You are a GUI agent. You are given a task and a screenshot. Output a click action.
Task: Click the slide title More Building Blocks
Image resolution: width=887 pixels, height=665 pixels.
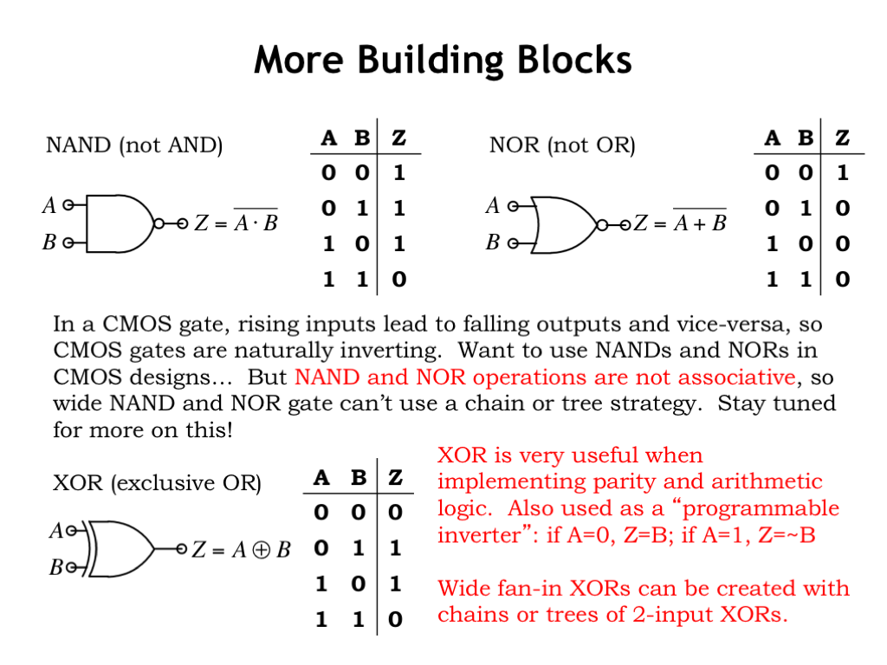443,61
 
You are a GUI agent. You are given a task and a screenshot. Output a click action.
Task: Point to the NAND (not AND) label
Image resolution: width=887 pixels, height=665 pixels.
134,145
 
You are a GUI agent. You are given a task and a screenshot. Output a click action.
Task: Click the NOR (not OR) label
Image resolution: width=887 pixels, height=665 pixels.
562,145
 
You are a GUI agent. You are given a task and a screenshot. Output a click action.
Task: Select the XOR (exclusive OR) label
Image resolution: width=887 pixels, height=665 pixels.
157,482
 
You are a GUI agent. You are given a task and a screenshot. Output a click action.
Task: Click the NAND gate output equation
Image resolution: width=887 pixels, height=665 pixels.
236,223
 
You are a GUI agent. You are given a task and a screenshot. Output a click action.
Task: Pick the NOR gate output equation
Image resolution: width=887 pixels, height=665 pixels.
680,223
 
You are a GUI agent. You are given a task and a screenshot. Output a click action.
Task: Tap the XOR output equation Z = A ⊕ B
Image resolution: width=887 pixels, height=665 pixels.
240,550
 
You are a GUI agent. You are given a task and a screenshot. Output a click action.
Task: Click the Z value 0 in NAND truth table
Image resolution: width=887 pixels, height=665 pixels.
398,279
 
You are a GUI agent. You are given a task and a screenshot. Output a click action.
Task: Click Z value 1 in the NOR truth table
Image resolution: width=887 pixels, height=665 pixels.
842,173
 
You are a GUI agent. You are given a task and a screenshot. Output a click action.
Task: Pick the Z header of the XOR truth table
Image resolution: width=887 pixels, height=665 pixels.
395,477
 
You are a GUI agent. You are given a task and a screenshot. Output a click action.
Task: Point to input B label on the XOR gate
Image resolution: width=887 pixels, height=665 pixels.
56,568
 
